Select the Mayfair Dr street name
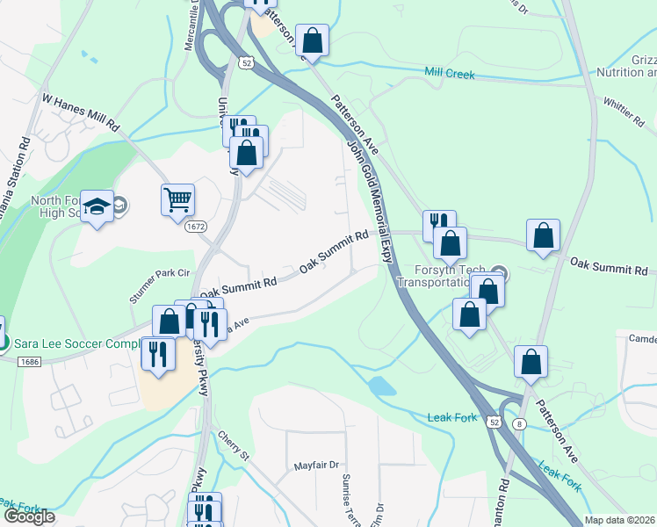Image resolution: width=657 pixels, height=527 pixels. pyautogui.click(x=316, y=466)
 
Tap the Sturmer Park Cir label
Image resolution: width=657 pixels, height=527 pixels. pyautogui.click(x=160, y=286)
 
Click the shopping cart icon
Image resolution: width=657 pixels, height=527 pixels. pyautogui.click(x=177, y=199)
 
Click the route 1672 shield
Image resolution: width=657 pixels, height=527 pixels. pyautogui.click(x=196, y=227)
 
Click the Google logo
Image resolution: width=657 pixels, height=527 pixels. pyautogui.click(x=29, y=516)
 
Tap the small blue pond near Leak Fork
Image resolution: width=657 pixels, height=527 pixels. pyautogui.click(x=382, y=386)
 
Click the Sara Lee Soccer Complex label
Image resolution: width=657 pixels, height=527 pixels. pyautogui.click(x=75, y=342)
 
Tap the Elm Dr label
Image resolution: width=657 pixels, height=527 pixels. pyautogui.click(x=379, y=512)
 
